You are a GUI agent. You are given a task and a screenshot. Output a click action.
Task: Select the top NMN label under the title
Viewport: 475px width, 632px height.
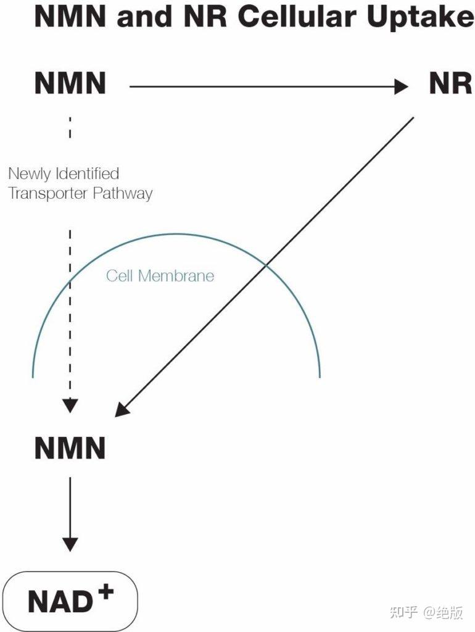click(x=70, y=84)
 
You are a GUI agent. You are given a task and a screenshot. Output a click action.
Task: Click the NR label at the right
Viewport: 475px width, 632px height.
click(x=450, y=84)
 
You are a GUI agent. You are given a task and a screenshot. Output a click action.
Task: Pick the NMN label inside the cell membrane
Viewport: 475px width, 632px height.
click(x=70, y=449)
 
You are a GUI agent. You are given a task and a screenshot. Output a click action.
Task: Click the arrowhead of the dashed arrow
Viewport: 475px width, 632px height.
click(x=70, y=405)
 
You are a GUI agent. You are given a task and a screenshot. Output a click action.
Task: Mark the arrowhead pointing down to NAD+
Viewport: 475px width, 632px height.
click(x=70, y=544)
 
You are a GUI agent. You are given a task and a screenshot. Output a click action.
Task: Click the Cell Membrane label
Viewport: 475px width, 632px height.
click(x=160, y=275)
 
